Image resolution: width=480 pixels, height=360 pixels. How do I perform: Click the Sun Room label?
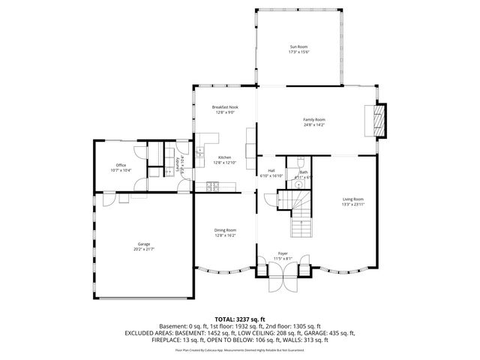coord(299,46)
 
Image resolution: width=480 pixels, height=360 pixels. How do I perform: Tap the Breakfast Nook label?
coord(225,107)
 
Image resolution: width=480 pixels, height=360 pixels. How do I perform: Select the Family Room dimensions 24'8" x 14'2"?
coord(314,125)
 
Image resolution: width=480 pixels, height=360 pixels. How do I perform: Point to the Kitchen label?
coord(225,157)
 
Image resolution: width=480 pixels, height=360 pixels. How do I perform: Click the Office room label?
coord(121,165)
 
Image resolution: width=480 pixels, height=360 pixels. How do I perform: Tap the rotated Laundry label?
coord(178,163)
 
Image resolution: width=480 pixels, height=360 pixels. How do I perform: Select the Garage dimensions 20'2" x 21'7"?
coord(144,249)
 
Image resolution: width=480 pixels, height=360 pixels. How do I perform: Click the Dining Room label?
coord(225,230)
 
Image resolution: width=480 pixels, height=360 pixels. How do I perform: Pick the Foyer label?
coord(283,253)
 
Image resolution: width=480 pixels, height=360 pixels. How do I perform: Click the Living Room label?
coord(352,199)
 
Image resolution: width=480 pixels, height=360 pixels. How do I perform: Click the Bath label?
coord(304,172)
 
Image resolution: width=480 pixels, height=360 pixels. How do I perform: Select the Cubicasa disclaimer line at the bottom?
coord(239,349)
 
